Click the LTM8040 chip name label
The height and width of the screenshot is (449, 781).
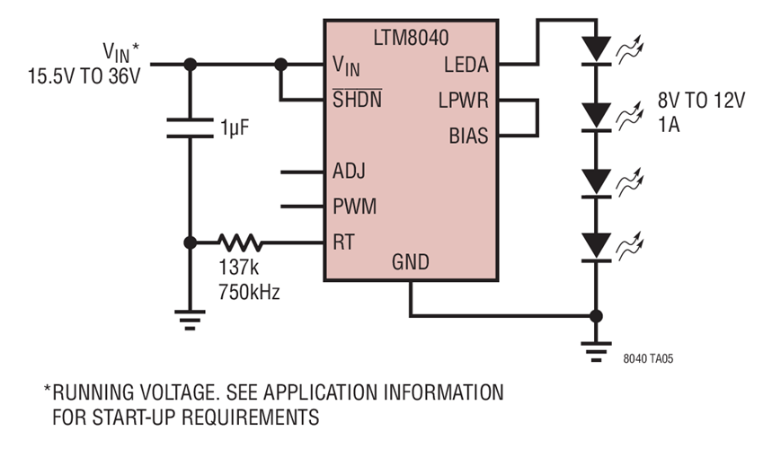[x=412, y=39]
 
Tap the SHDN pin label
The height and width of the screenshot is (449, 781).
[x=357, y=100]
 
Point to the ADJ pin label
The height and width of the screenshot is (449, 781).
[x=349, y=171]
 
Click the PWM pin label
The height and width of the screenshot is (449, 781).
[x=353, y=207]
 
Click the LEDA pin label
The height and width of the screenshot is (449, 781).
[x=466, y=66]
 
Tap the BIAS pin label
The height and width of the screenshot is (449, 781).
[x=468, y=136]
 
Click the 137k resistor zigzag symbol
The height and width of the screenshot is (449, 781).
[x=240, y=242]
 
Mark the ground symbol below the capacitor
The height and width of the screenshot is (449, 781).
[x=190, y=318]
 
